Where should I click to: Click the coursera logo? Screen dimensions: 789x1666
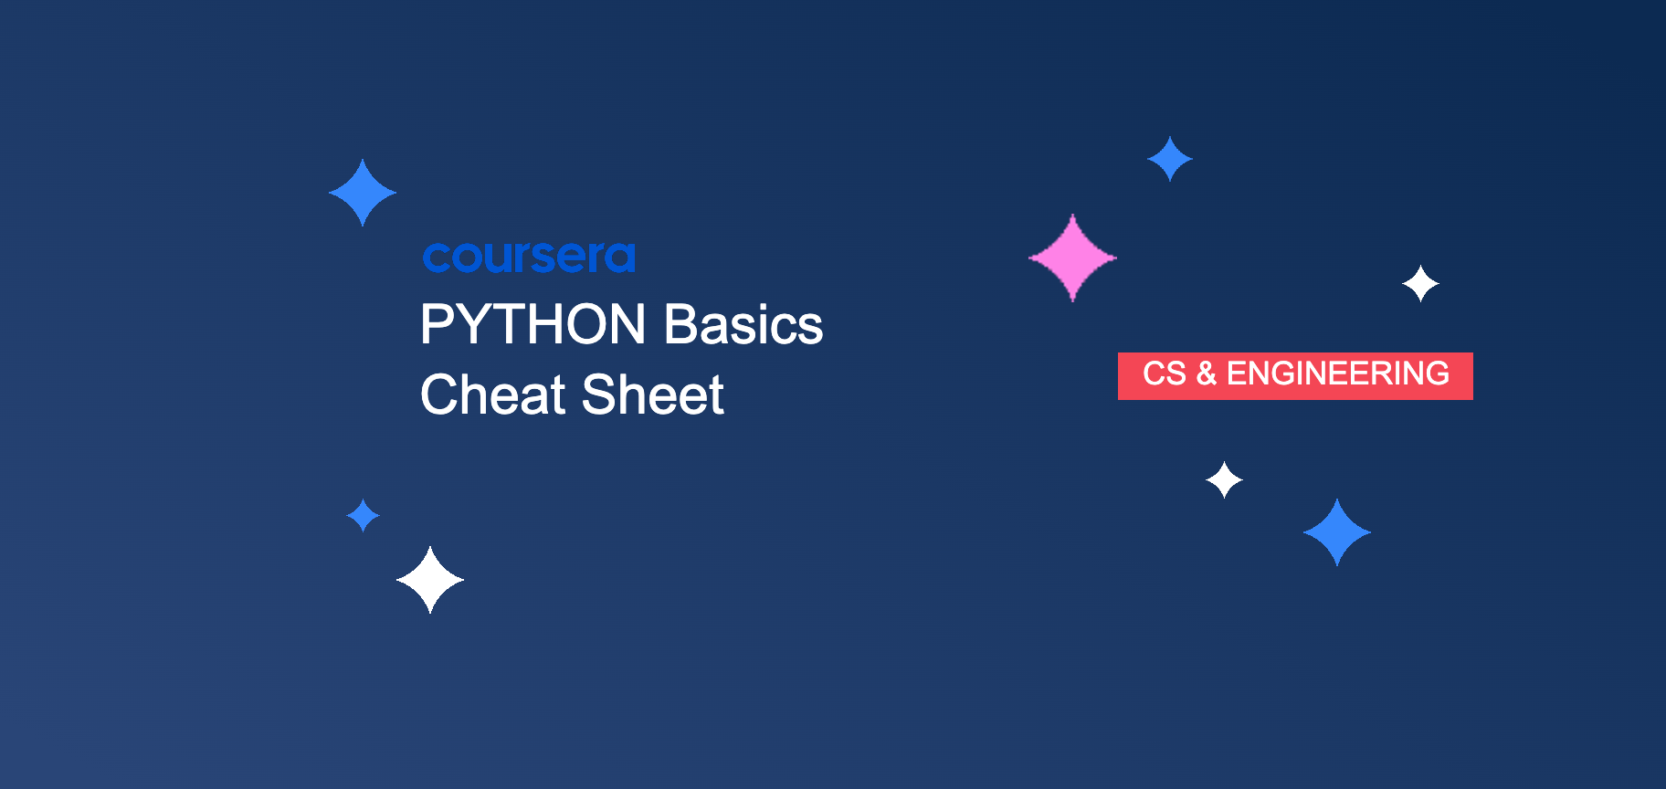tap(529, 258)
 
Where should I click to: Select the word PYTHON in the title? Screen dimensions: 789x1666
tap(532, 325)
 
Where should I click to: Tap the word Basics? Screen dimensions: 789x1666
tap(743, 325)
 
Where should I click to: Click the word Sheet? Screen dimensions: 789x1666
tap(652, 395)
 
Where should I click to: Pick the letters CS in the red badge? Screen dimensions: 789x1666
tap(1164, 374)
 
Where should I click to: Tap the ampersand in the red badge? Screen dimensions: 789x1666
tap(1206, 374)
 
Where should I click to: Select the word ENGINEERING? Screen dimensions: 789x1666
tap(1337, 374)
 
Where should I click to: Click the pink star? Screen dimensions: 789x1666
tap(1072, 258)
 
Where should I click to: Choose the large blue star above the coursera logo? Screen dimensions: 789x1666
tap(363, 193)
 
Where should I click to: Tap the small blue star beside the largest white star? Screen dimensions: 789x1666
tap(363, 516)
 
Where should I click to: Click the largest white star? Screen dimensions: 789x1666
tap(430, 580)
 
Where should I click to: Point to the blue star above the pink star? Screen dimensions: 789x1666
tap(1169, 159)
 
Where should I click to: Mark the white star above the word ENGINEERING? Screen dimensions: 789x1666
tap(1420, 284)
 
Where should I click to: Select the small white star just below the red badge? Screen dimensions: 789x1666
tap(1224, 479)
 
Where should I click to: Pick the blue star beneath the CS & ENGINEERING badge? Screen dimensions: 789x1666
tap(1337, 532)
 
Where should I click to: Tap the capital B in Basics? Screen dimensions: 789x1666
tap(680, 325)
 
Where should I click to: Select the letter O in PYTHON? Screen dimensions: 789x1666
tap(583, 325)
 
